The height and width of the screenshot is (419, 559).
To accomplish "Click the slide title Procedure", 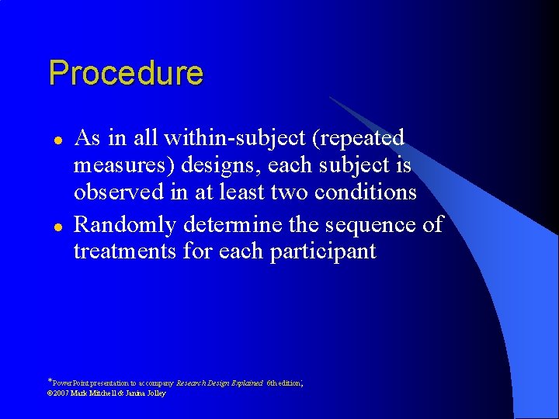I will (126, 74).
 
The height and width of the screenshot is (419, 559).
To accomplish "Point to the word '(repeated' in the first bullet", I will (360, 139).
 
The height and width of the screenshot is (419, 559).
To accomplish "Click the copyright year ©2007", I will (59, 393).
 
